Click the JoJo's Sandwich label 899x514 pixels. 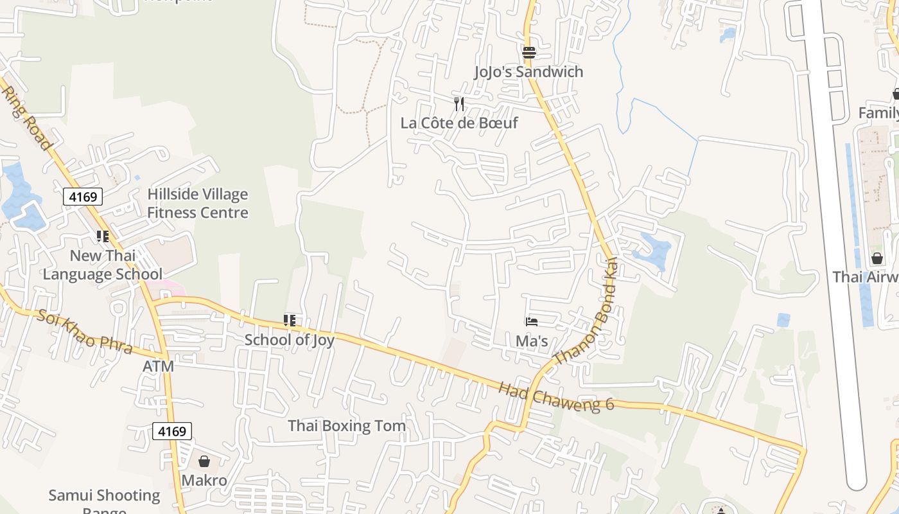click(528, 71)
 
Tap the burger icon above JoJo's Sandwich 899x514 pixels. click(528, 53)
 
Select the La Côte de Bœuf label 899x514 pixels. click(459, 123)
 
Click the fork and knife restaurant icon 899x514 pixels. click(459, 104)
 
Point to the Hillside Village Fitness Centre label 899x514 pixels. click(198, 203)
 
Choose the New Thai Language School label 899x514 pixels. click(103, 265)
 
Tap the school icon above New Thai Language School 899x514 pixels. click(103, 236)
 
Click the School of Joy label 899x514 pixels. click(290, 340)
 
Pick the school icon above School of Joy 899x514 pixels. click(290, 320)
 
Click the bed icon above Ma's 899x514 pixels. click(532, 322)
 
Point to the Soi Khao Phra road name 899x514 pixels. click(84, 331)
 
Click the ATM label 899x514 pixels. click(158, 366)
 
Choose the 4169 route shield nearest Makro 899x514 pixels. click(172, 431)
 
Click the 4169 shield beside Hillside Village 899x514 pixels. click(83, 197)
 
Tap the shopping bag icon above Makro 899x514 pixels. click(204, 461)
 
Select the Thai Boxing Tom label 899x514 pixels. click(347, 425)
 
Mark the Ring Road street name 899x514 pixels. click(27, 118)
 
